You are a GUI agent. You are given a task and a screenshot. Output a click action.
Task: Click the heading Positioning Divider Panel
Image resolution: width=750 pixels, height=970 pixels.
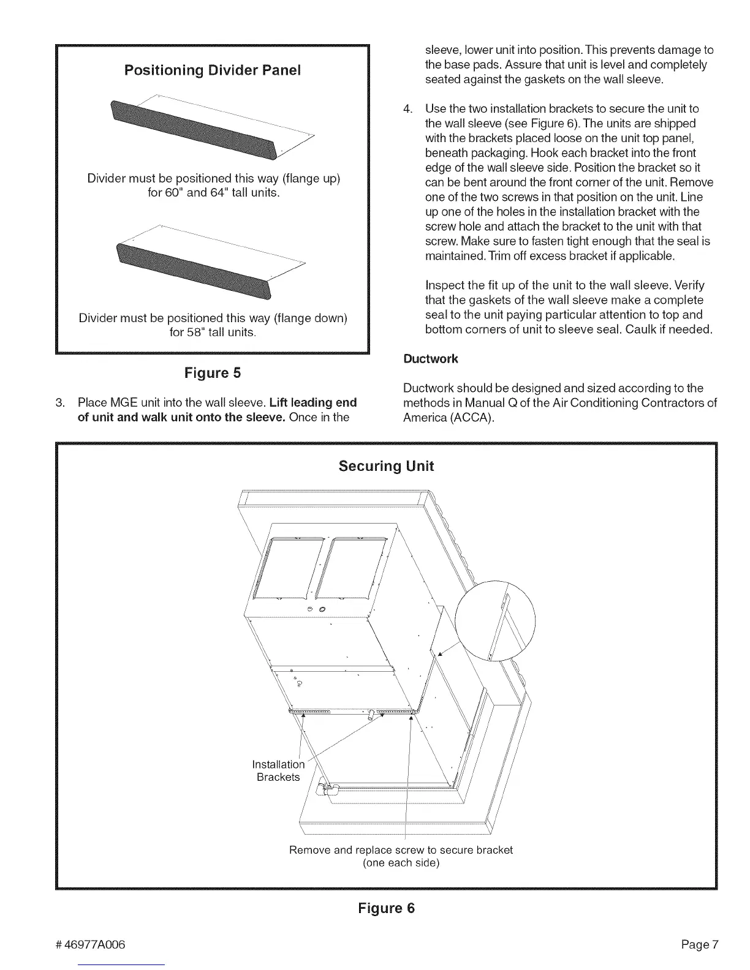pyautogui.click(x=213, y=70)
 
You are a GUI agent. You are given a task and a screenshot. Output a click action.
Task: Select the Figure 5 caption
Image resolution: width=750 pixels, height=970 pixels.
pyautogui.click(x=213, y=373)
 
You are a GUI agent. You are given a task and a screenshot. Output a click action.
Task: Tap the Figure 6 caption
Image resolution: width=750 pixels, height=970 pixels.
pyautogui.click(x=386, y=908)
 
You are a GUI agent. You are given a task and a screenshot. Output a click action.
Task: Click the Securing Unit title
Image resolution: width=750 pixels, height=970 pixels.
pyautogui.click(x=386, y=466)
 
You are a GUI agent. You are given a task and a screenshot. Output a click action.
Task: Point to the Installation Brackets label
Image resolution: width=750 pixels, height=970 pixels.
pyautogui.click(x=278, y=770)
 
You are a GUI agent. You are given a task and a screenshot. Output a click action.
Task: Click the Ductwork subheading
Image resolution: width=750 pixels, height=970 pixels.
pyautogui.click(x=430, y=359)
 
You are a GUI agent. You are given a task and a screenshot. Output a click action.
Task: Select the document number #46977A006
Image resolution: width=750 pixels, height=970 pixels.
pyautogui.click(x=90, y=944)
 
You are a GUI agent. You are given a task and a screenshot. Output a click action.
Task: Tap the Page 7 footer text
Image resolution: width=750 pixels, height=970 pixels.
pyautogui.click(x=699, y=944)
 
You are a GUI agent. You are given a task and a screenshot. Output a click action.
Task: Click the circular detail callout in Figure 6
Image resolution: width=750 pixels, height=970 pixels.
pyautogui.click(x=495, y=620)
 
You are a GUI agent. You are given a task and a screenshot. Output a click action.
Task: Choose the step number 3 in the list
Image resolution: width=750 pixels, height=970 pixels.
pyautogui.click(x=59, y=403)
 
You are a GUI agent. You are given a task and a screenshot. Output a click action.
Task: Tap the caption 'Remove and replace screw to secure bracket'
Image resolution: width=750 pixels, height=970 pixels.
pyautogui.click(x=401, y=850)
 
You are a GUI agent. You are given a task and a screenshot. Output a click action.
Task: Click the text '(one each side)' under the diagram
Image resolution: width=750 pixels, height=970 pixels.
pyautogui.click(x=401, y=863)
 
